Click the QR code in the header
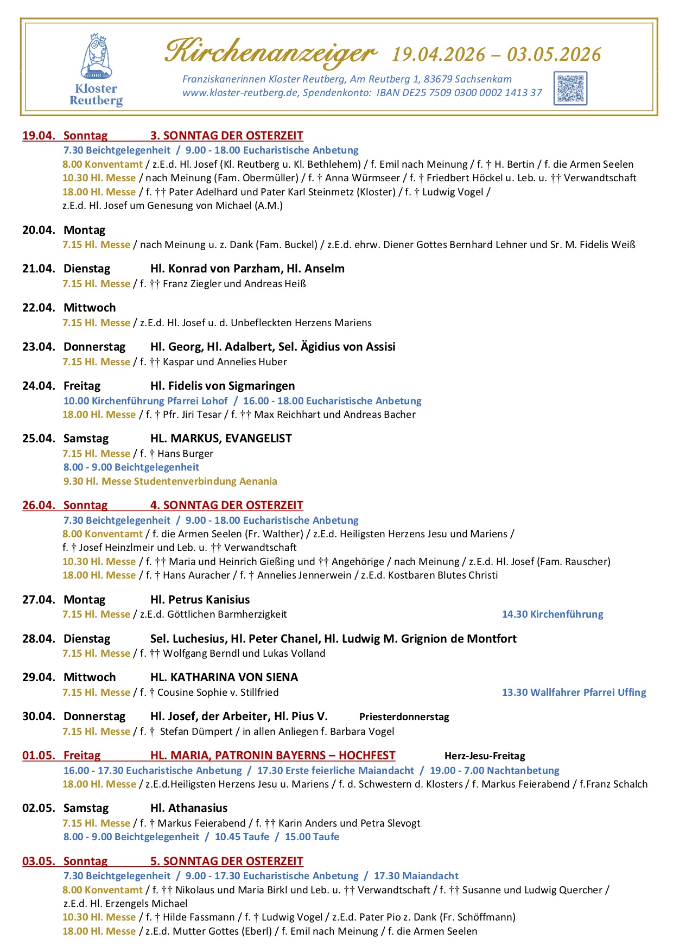570,88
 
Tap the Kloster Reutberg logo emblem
97,58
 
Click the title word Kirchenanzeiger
270,52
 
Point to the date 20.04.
39,230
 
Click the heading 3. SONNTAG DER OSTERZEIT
226,136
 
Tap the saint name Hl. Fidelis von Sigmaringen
223,386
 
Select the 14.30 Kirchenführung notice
552,614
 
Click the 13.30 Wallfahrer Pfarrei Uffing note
574,693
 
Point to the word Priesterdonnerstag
404,717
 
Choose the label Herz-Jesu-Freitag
485,756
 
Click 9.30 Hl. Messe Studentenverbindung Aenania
170,481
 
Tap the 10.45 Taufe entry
242,837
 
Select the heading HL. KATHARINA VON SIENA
224,677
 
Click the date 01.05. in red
39,756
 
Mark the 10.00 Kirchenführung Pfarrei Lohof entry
145,401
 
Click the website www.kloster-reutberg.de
240,93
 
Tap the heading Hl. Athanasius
189,808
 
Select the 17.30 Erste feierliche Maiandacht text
335,771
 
